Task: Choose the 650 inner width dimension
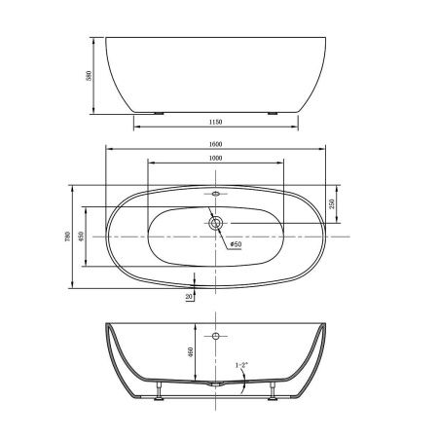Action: coord(82,236)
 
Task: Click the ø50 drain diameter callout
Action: coord(235,244)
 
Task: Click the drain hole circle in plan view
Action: coord(215,224)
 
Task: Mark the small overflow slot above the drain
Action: coord(215,194)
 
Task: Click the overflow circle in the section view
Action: coord(215,336)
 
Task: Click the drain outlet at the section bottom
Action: coord(215,387)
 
